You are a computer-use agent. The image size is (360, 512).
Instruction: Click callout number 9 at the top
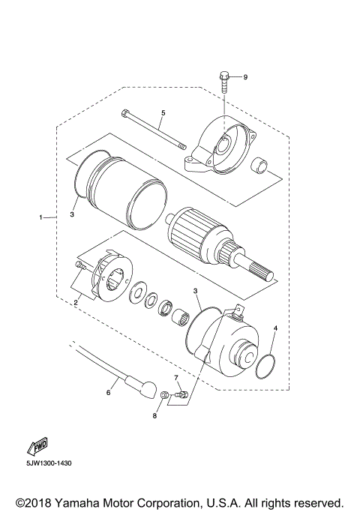click(x=244, y=77)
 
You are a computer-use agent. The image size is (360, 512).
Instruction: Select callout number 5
click(x=162, y=113)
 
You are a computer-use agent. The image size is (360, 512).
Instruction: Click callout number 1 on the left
click(x=40, y=218)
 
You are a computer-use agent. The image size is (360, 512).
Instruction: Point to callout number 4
click(x=275, y=328)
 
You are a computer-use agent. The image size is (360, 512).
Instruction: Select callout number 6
click(x=108, y=391)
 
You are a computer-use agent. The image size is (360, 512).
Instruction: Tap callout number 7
click(x=175, y=377)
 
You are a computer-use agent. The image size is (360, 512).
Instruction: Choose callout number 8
click(x=156, y=415)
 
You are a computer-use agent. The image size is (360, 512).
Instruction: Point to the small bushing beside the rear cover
click(x=259, y=163)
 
